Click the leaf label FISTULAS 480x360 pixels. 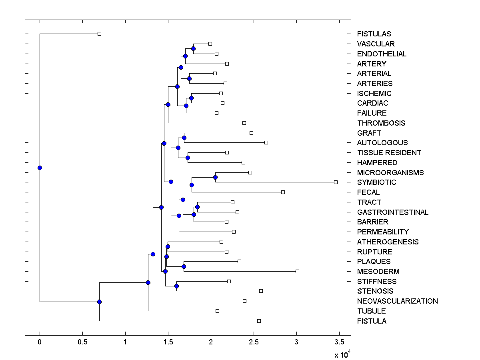pos(374,34)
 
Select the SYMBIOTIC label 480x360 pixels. pos(377,182)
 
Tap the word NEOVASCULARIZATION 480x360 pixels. pos(398,301)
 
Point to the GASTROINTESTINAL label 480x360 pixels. pos(393,212)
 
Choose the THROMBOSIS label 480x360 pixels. pos(381,123)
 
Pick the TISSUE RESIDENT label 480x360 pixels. pos(389,153)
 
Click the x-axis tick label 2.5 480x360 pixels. pos(254,342)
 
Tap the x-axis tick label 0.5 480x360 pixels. pos(82,342)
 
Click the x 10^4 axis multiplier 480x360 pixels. pos(342,354)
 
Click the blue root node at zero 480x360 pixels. pos(40,168)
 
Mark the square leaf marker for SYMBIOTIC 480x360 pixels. pos(336,182)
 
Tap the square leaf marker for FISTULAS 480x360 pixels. pos(100,34)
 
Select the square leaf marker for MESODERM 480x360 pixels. pos(297,271)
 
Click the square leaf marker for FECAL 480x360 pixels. pos(283,192)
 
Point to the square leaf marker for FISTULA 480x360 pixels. pos(259,321)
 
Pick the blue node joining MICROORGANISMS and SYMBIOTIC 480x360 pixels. pos(215,177)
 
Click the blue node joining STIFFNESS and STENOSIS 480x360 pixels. pos(176,286)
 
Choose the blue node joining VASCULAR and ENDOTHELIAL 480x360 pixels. pos(193,48)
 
